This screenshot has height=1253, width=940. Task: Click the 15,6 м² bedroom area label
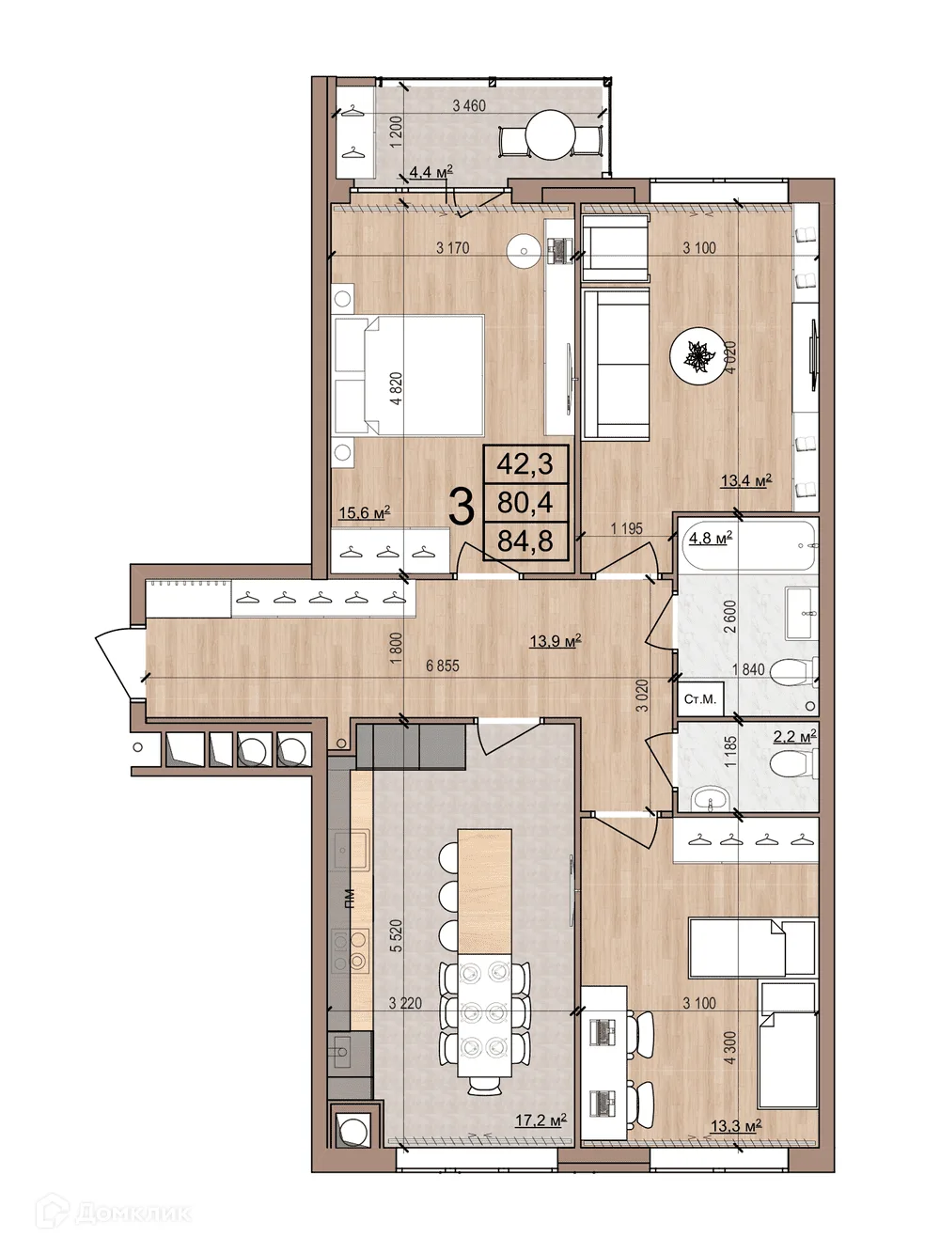[x=365, y=512]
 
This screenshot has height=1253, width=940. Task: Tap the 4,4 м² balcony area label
[x=431, y=171]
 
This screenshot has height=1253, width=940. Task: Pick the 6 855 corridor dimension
[x=443, y=666]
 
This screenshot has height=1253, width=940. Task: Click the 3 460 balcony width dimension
[x=469, y=105]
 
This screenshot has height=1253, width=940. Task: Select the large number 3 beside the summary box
[x=462, y=507]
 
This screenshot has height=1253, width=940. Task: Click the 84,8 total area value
[x=525, y=540]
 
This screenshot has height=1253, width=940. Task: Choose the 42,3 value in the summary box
[x=525, y=464]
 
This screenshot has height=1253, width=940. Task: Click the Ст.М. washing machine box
[x=700, y=698]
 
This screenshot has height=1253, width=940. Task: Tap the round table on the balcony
[x=550, y=135]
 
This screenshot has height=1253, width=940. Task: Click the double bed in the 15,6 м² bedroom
[x=410, y=376]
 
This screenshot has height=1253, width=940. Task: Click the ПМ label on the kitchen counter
[x=351, y=898]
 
